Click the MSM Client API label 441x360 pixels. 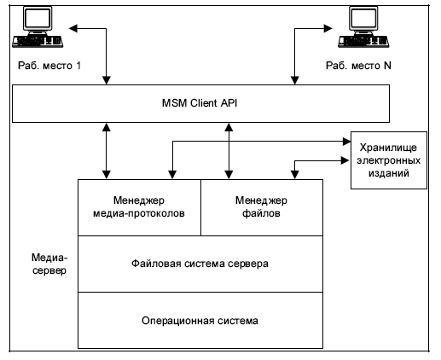pos(200,103)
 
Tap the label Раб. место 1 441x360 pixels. pos(49,66)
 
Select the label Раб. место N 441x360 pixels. pos(358,66)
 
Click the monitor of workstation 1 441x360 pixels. pos(38,20)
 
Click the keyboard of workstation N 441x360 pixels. pos(363,42)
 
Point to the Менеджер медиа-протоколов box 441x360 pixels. pos(139,207)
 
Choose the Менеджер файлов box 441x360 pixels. pos(262,207)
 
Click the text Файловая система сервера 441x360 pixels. pos(200,264)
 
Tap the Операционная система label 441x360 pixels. pos(200,321)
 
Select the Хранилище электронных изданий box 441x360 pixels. pos(389,160)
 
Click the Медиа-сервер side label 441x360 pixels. pos(49,264)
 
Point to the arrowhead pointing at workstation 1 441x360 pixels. pos(73,28)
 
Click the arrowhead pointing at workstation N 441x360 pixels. pos(328,28)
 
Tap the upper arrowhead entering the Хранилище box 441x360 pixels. pos(347,142)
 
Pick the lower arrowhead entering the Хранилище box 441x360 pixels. pos(345,160)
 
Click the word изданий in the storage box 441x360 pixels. pos(389,173)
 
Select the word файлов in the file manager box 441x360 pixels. pos(261,213)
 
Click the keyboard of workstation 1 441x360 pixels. pos(38,42)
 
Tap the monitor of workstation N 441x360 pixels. pos(363,20)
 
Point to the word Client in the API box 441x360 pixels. pos(204,103)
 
